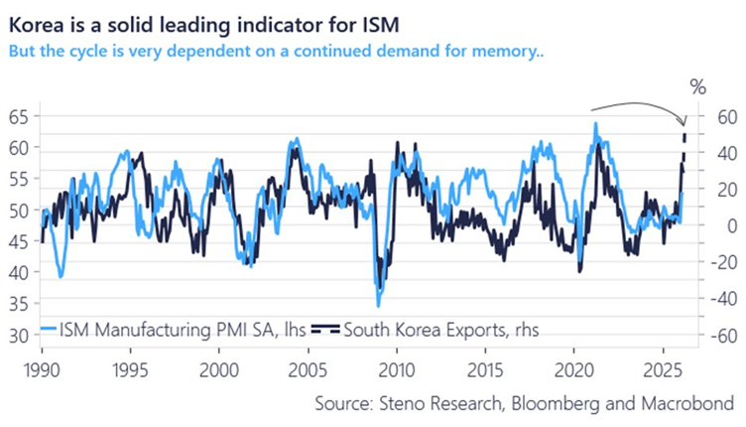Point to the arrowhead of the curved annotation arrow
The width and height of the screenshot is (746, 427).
coord(684,119)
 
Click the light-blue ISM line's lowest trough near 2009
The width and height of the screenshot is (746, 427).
coord(378,305)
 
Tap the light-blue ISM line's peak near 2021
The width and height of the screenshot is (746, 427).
coord(595,124)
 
